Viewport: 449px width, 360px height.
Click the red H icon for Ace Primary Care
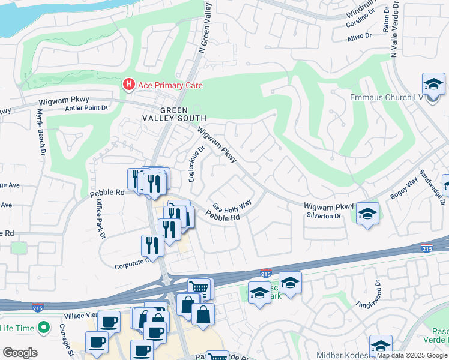pyautogui.click(x=128, y=85)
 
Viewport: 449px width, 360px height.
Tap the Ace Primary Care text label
pyautogui.click(x=170, y=85)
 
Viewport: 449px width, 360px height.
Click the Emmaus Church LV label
pyautogui.click(x=387, y=98)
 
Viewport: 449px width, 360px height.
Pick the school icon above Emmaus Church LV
pyautogui.click(x=433, y=85)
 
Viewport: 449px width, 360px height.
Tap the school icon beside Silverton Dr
pyautogui.click(x=367, y=213)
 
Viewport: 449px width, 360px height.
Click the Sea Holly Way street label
pyautogui.click(x=232, y=206)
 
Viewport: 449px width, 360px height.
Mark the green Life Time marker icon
pyautogui.click(x=43, y=328)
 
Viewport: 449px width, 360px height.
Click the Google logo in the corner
pyautogui.click(x=20, y=353)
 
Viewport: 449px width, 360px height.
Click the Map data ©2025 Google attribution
pyautogui.click(x=412, y=355)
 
